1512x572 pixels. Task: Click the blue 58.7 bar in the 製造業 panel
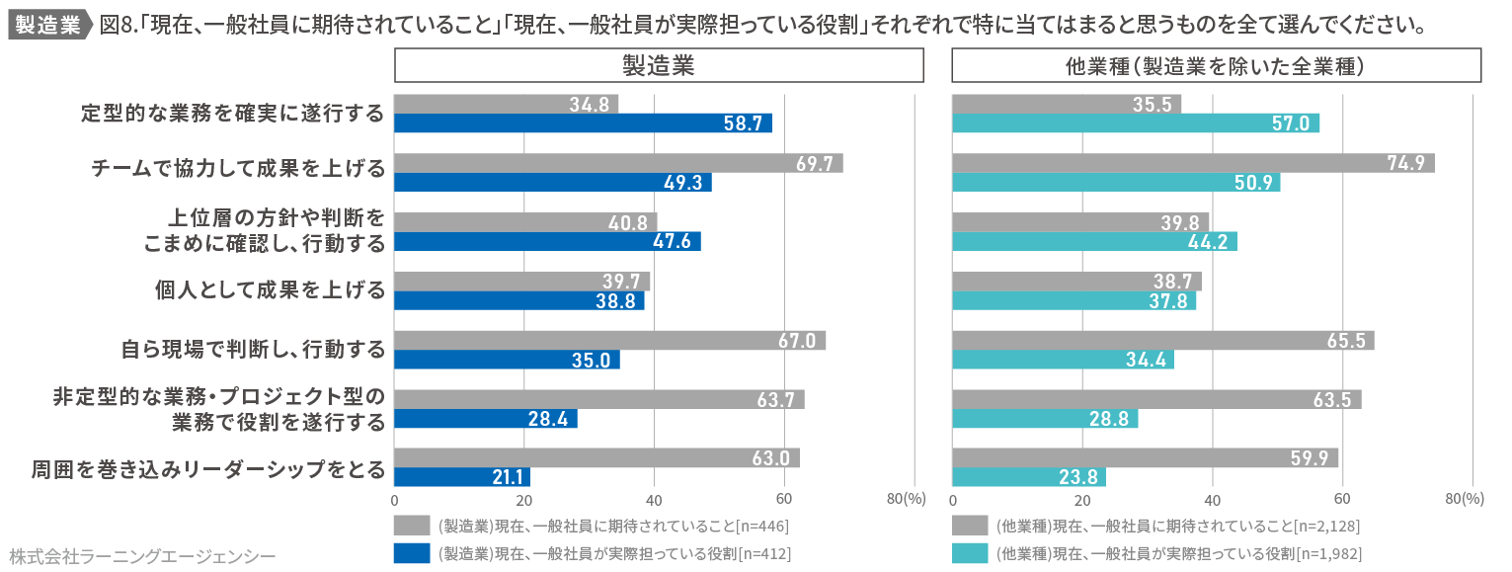click(583, 123)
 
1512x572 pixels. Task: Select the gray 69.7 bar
click(618, 163)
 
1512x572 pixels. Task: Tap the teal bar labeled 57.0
click(1136, 123)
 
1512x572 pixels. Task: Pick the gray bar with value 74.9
click(1193, 163)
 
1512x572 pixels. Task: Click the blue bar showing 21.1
click(462, 478)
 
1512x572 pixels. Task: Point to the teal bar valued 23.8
click(1029, 478)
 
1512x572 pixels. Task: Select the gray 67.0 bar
click(609, 341)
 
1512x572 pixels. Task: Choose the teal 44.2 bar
click(1094, 242)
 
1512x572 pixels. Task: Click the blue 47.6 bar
click(547, 242)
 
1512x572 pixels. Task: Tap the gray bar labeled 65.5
click(1162, 341)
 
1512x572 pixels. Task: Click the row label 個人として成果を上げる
click(270, 290)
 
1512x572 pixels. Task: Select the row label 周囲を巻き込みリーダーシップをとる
click(207, 468)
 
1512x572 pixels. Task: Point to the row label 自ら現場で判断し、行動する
click(253, 350)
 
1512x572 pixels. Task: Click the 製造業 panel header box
click(659, 66)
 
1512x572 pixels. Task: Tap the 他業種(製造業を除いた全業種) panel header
click(1216, 66)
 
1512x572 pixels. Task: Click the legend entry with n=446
click(612, 525)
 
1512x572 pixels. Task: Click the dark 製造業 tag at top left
click(47, 25)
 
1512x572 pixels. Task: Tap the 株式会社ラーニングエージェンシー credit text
click(141, 556)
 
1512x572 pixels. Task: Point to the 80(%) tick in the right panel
click(1465, 500)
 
